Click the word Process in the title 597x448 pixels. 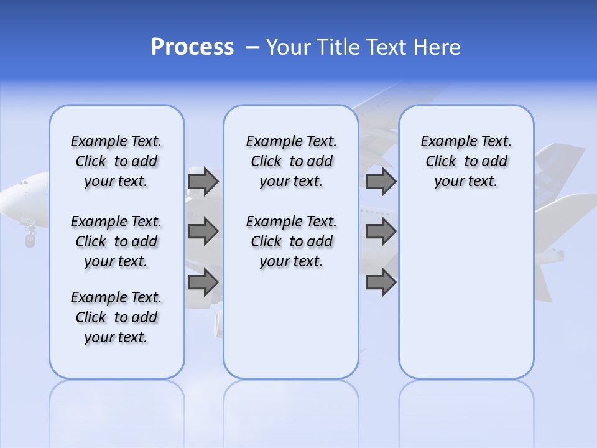point(192,47)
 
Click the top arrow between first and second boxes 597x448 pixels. point(203,181)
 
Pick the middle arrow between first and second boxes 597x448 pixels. point(203,231)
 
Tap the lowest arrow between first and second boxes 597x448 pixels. point(203,282)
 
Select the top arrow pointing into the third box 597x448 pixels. point(381,181)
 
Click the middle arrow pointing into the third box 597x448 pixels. point(381,231)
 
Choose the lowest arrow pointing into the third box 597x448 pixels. point(381,282)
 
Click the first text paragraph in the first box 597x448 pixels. point(116,161)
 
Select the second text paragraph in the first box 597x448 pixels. point(116,241)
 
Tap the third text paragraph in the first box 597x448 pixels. point(116,317)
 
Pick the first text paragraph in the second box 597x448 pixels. point(291,161)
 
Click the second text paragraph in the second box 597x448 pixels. point(291,241)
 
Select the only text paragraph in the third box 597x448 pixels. point(466,161)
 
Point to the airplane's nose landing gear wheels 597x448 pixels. point(30,239)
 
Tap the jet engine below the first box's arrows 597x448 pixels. point(218,324)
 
